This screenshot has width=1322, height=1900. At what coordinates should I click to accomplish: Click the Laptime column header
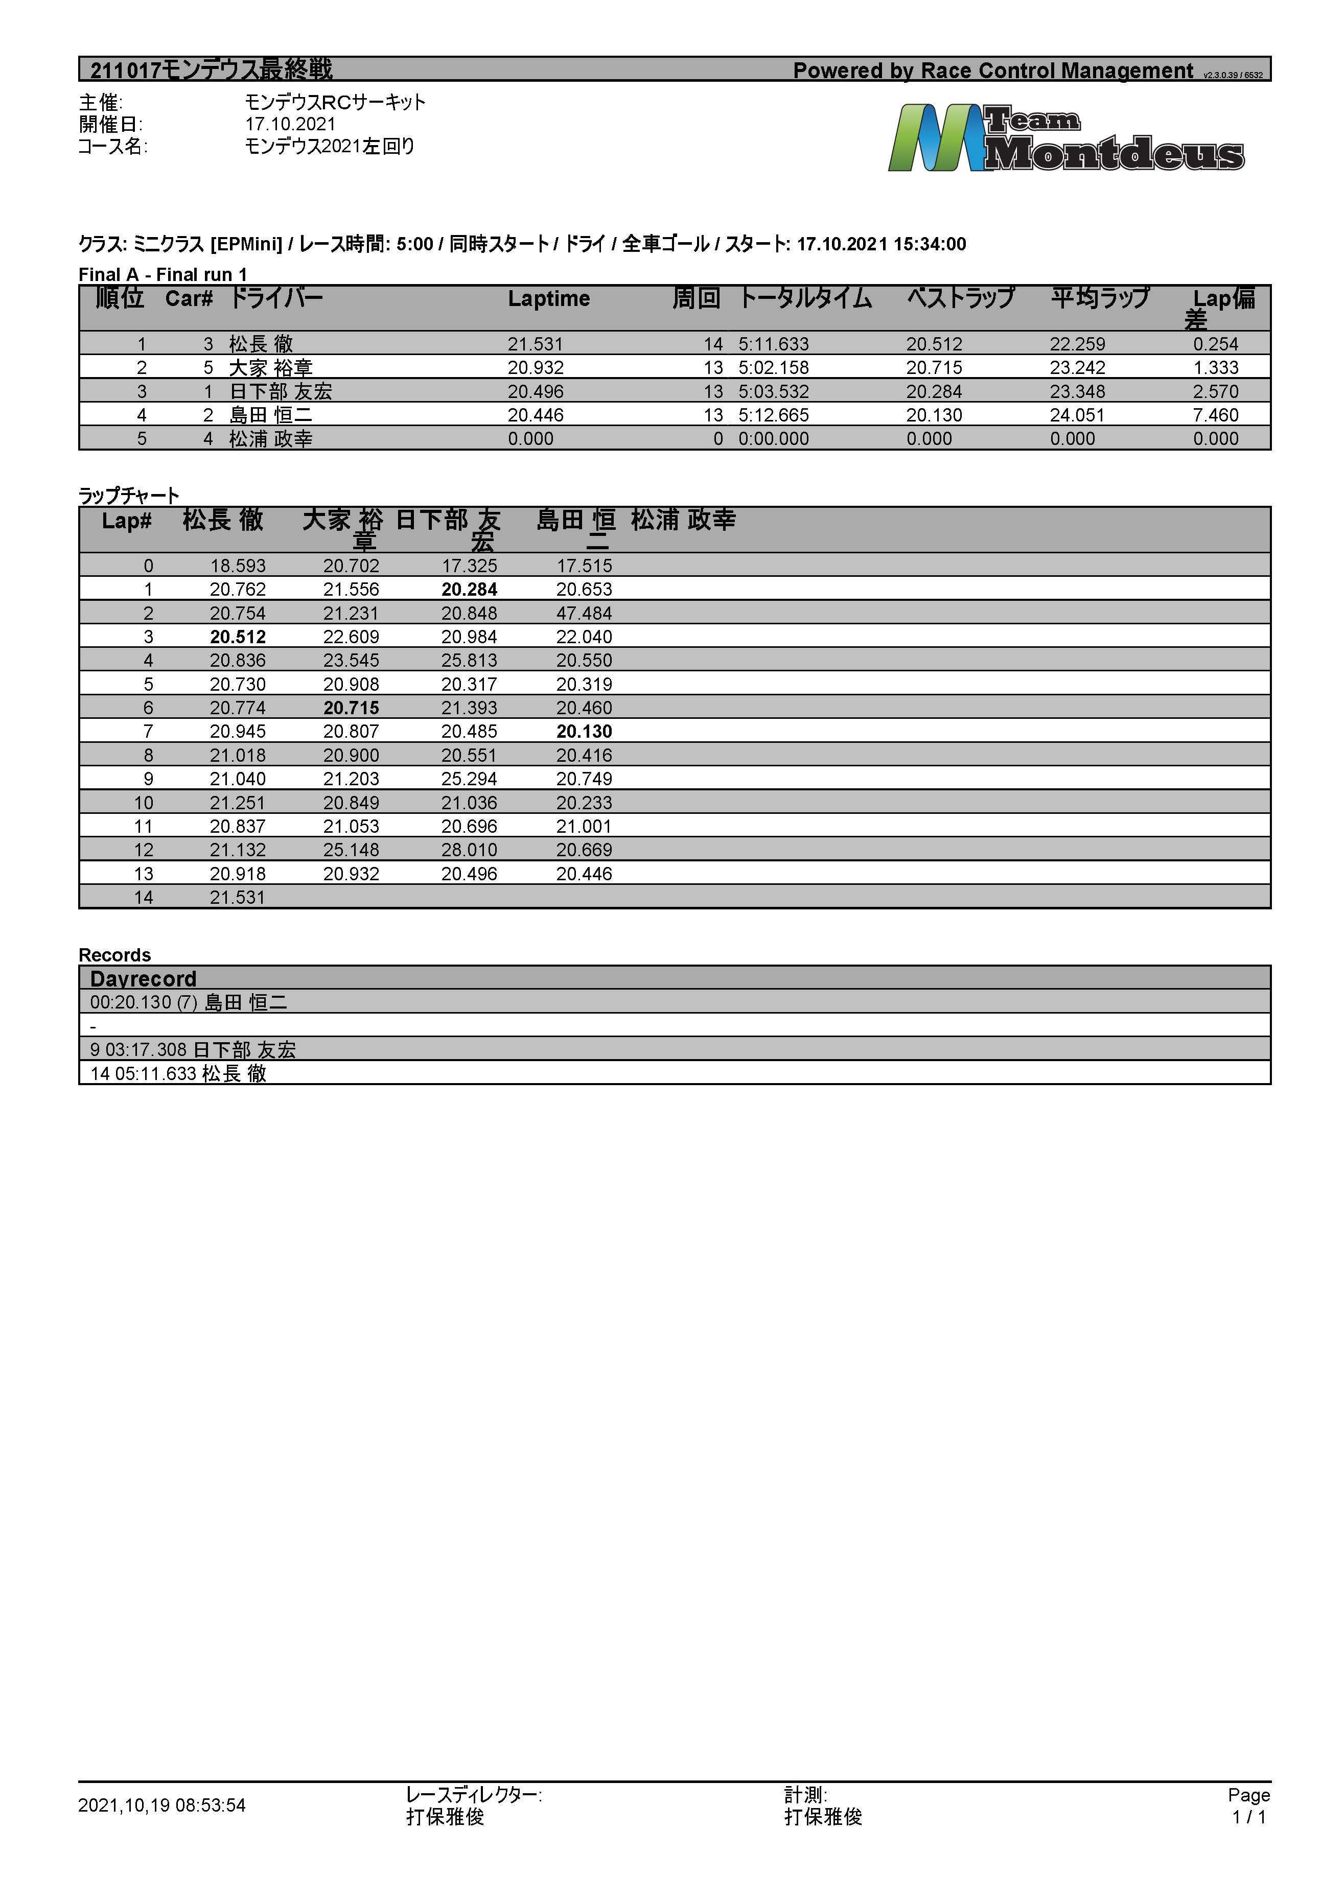(548, 299)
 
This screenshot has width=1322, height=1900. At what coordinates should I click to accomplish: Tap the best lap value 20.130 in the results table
(933, 415)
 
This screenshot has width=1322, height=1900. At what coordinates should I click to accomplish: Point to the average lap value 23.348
(1076, 391)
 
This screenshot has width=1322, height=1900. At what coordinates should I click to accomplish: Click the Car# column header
(189, 299)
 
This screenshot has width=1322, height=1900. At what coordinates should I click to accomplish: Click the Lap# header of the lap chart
(127, 521)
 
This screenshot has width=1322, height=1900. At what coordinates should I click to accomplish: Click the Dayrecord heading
(143, 979)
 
